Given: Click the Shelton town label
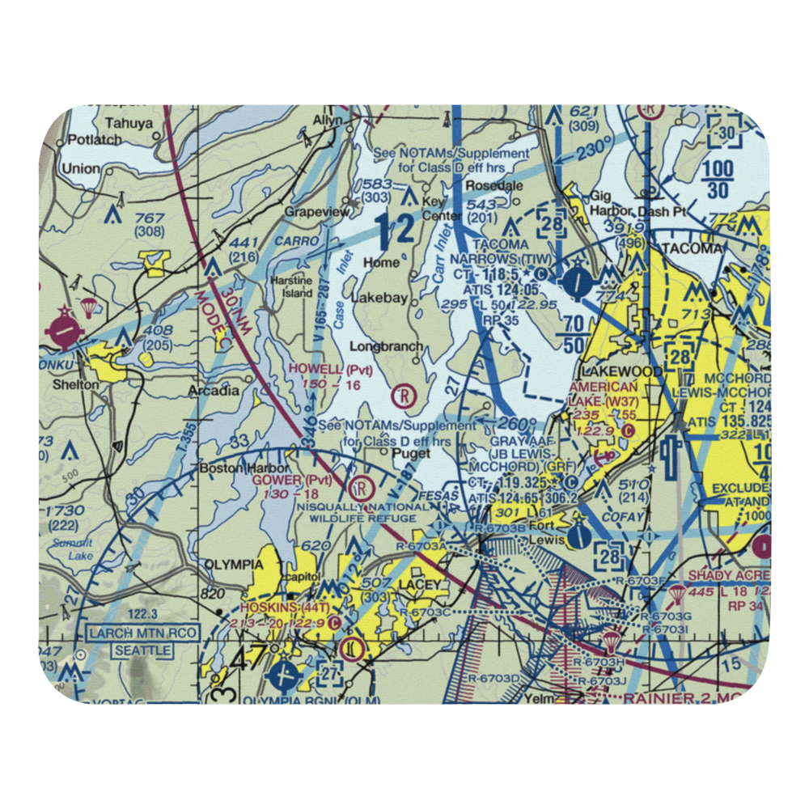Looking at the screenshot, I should coord(75,384).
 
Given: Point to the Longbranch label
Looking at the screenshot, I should coord(386,347).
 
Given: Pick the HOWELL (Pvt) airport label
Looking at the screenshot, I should coord(331,369).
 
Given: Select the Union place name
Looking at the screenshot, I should coord(81,169).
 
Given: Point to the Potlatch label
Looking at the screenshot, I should coord(94,139).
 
